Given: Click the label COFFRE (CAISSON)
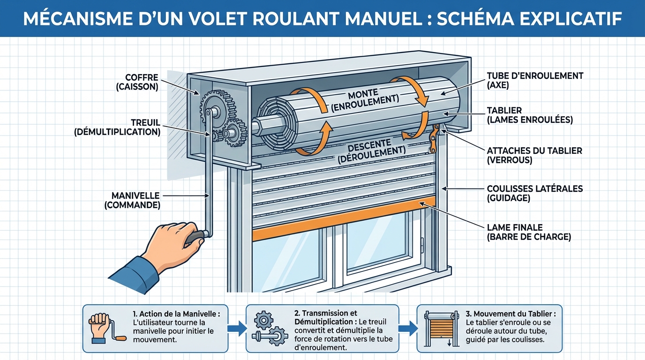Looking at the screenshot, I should pos(142,82).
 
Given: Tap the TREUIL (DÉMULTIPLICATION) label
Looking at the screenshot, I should pos(117,127).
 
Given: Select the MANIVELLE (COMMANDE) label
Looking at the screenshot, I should pos(135,200).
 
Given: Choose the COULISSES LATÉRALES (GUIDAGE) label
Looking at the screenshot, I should pos(534,193).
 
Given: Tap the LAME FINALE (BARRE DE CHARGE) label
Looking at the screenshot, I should pos(529,232).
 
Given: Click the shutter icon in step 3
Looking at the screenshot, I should pos(441,328).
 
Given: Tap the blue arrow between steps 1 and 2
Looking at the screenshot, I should pos(238,328).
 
